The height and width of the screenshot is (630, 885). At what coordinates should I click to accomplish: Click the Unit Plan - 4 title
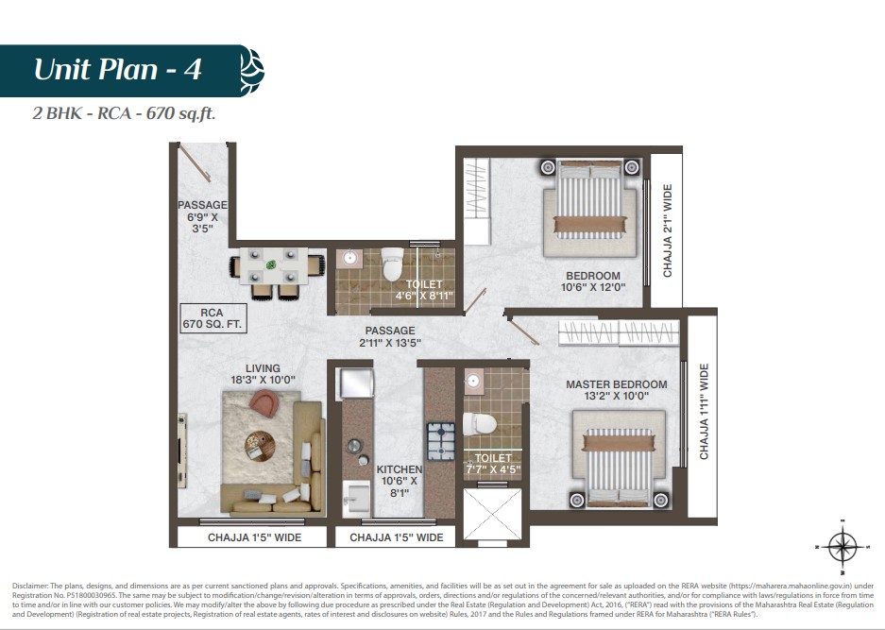point(117,70)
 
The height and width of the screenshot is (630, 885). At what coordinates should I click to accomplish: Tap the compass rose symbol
point(842,546)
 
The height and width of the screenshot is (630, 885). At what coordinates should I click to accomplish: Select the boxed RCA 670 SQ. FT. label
point(213,318)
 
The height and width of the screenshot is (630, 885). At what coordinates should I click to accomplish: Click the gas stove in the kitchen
point(440,441)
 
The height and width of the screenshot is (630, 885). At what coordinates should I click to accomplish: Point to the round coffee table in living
point(260,446)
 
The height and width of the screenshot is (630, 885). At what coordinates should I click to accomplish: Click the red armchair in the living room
point(264,402)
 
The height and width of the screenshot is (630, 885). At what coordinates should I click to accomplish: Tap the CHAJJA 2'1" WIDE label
point(668,230)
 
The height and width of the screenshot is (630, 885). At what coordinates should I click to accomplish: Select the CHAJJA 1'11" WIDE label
point(704,412)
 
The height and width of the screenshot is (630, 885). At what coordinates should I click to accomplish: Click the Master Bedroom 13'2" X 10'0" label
point(617,390)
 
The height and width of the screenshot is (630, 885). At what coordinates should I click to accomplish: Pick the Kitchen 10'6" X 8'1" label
point(400,481)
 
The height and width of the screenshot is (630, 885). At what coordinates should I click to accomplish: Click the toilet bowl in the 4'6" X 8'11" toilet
point(393,264)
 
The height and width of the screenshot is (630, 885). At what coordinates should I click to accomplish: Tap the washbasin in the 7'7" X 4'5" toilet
point(473,382)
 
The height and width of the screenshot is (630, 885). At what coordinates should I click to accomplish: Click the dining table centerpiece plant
point(273,264)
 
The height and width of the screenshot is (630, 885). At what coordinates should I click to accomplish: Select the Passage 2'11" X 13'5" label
point(390,336)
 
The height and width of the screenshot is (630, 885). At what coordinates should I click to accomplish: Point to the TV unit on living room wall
point(182,451)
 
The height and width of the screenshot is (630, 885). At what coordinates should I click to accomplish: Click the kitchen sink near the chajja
point(357,499)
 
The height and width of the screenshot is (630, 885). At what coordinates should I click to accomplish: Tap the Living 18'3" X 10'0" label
point(263,374)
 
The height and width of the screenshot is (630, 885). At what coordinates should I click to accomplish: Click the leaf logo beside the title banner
point(252,71)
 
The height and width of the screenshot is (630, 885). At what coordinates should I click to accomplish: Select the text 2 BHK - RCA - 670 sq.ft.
point(124,113)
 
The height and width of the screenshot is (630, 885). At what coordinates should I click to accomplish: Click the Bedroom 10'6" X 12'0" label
point(593,281)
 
